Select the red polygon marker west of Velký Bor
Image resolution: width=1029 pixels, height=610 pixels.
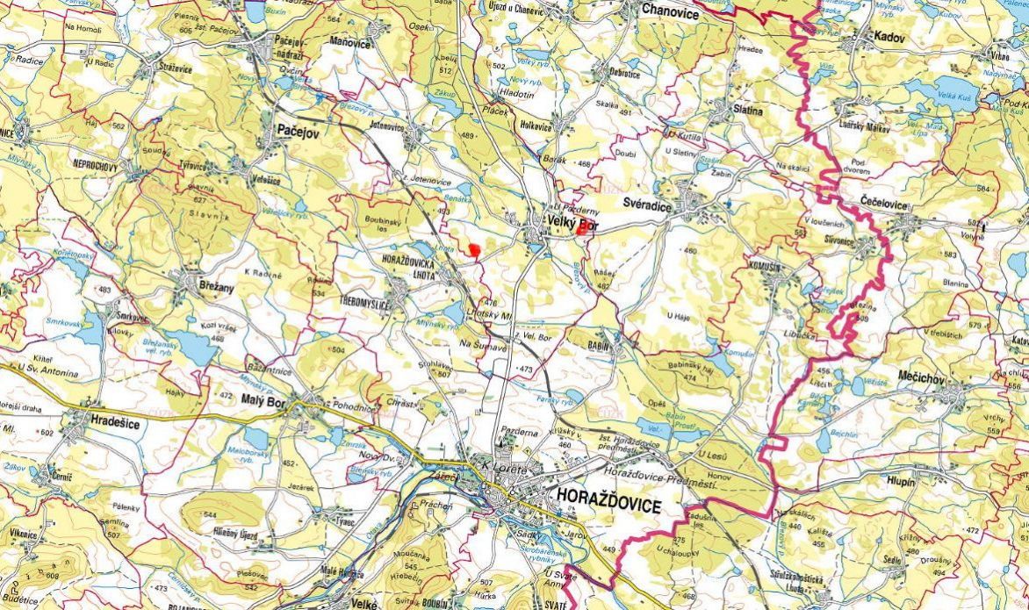coord(474,250)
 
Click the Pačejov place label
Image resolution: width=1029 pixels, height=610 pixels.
coord(298,129)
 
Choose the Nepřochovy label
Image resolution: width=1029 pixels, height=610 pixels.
coord(101,165)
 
